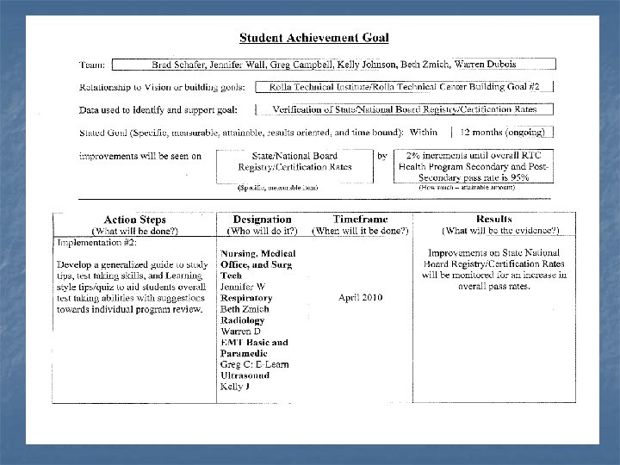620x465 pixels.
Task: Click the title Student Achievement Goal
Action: (x=313, y=37)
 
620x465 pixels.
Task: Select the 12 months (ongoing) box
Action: (x=500, y=133)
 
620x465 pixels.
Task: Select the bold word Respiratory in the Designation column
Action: (x=246, y=298)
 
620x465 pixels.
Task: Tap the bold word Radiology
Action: (x=243, y=320)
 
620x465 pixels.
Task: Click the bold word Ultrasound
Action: (x=246, y=376)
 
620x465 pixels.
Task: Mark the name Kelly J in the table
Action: (x=235, y=387)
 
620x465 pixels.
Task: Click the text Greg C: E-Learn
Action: (x=254, y=365)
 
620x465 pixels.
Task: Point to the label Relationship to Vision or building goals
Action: (x=162, y=87)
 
